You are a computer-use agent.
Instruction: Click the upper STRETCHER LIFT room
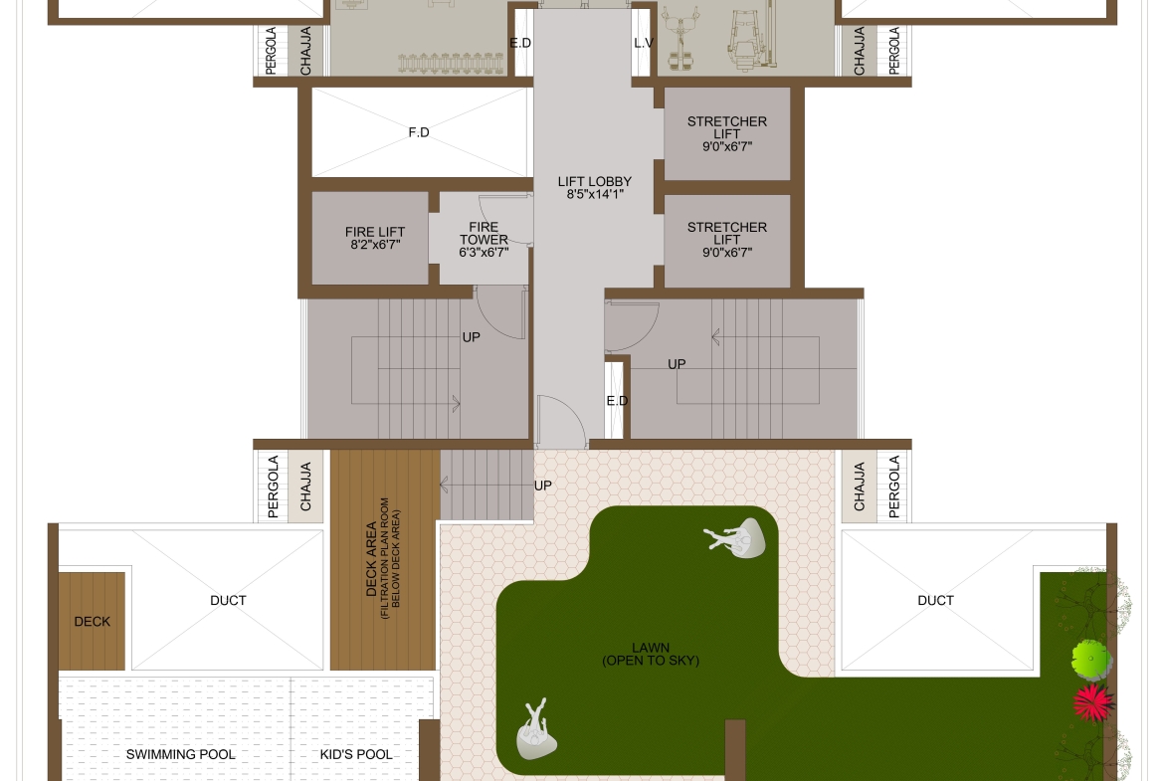pyautogui.click(x=727, y=133)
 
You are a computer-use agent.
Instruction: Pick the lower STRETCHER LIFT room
pyautogui.click(x=727, y=241)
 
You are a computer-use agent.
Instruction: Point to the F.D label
pyautogui.click(x=419, y=132)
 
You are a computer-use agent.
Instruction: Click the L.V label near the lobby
pyautogui.click(x=644, y=43)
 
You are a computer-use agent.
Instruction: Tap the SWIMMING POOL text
pyautogui.click(x=180, y=754)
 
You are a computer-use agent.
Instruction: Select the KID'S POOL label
pyautogui.click(x=356, y=754)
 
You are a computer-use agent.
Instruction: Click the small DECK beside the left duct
pyautogui.click(x=93, y=622)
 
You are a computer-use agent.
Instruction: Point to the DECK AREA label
pyautogui.click(x=371, y=559)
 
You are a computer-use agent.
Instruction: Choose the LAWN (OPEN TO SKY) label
pyautogui.click(x=651, y=654)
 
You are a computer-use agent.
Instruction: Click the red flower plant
pyautogui.click(x=1093, y=702)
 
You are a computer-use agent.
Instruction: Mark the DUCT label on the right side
pyautogui.click(x=935, y=600)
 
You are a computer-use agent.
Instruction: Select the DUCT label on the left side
pyautogui.click(x=228, y=600)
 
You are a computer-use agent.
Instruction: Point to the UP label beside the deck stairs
pyautogui.click(x=542, y=486)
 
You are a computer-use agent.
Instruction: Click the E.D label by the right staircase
pyautogui.click(x=617, y=401)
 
